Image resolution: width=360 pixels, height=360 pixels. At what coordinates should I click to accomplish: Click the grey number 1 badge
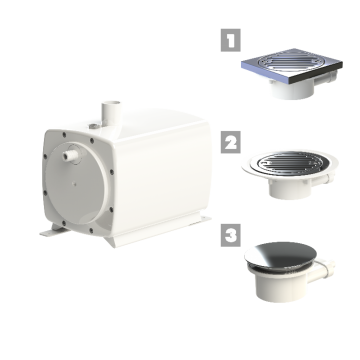230,40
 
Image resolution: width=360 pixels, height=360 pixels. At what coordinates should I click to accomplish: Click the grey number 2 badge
230,142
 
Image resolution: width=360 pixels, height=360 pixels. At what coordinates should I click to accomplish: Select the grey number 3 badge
230,235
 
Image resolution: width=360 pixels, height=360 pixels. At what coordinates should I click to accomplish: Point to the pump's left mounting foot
52,231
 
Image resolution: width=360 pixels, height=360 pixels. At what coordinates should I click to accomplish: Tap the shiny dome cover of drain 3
280,255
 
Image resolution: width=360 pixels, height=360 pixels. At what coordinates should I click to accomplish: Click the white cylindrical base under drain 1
293,90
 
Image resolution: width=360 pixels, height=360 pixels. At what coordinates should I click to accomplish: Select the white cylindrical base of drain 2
289,190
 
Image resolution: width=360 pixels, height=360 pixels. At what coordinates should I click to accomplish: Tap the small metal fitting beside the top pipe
93,127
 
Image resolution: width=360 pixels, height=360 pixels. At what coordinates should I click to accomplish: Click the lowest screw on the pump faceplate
91,230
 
